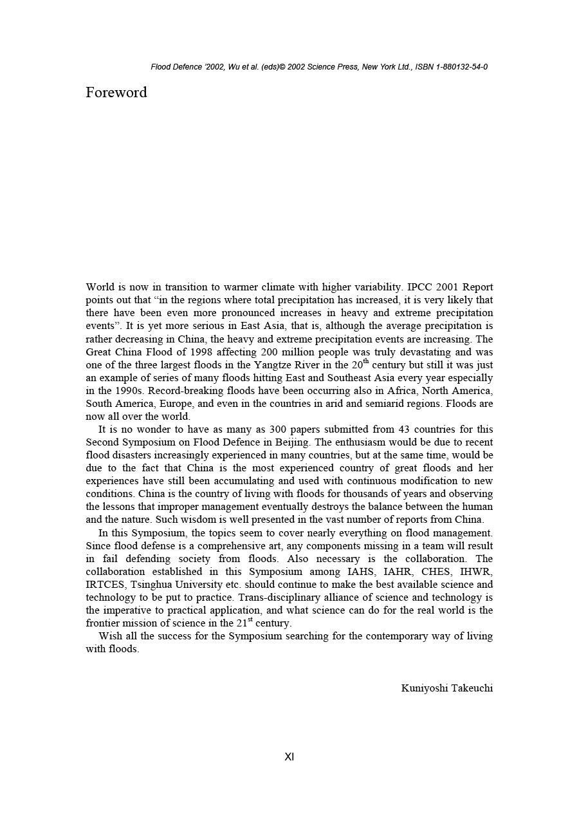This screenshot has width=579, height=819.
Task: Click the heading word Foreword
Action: click(x=116, y=93)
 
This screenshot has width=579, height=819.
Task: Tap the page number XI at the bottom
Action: click(x=289, y=757)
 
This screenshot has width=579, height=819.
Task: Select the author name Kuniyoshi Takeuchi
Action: click(x=447, y=688)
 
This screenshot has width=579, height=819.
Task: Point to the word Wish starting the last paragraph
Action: click(x=110, y=636)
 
